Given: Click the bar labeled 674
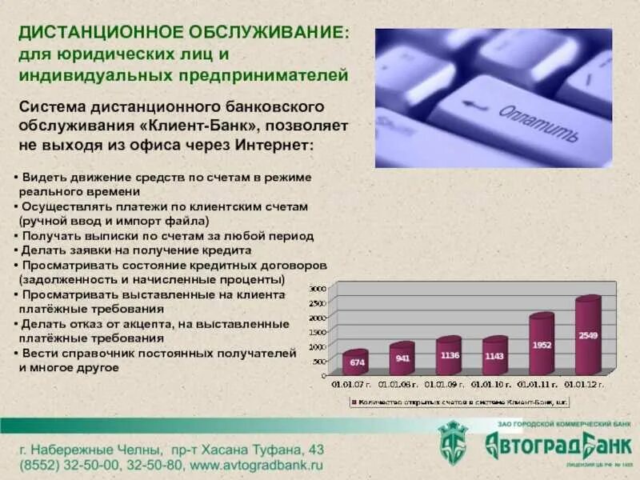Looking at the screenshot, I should [x=355, y=363].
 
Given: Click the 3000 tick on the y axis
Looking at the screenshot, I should [x=318, y=288].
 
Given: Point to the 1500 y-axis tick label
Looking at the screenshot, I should [x=318, y=332].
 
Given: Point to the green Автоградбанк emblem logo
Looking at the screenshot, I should [x=454, y=443].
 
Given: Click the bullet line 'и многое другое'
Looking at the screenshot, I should [x=68, y=367].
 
